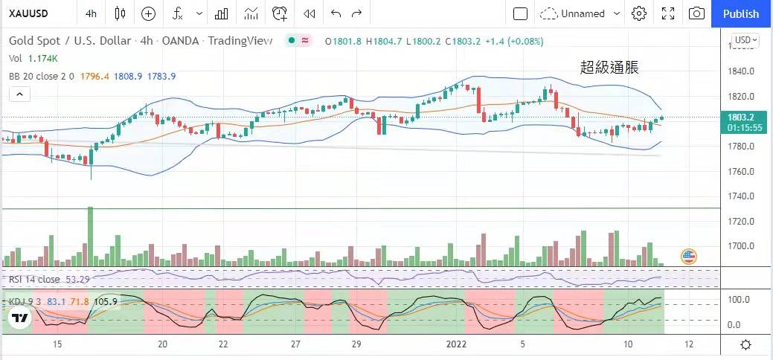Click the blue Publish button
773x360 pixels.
coord(741,13)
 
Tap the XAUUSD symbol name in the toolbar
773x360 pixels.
coord(30,13)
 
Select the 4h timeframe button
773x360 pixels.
coord(91,13)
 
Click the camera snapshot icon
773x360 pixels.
coord(696,13)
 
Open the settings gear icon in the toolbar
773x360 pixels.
coord(638,13)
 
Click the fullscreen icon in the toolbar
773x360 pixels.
coord(668,13)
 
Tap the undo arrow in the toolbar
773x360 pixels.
coord(336,13)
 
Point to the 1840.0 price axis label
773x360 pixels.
coord(742,71)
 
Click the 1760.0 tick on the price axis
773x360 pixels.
coord(742,172)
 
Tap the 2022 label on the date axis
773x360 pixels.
coord(456,344)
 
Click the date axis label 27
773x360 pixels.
coord(295,344)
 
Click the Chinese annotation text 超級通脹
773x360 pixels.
coord(609,68)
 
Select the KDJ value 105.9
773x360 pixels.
coord(106,301)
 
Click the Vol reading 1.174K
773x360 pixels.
coord(43,58)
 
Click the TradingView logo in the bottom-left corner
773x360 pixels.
coord(20,318)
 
